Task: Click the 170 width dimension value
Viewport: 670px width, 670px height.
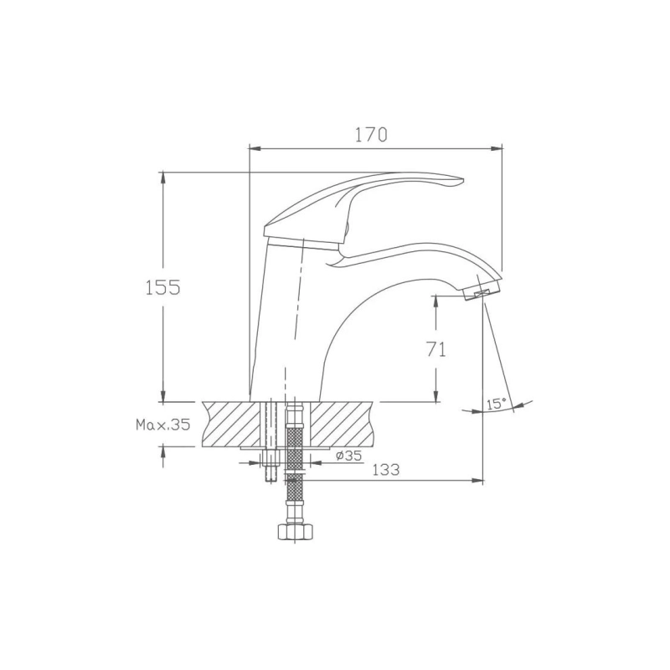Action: coord(371,135)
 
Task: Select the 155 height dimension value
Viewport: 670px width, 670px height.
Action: coord(162,287)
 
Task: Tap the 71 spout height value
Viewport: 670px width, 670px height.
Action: coord(436,349)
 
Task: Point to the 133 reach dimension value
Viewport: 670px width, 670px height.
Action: coord(386,470)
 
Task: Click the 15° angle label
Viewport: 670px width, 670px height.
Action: coord(496,404)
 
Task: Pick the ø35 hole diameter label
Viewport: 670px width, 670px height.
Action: coord(348,456)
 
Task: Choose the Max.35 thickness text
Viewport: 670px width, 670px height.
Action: coord(162,425)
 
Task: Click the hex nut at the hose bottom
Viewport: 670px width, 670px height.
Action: coord(296,532)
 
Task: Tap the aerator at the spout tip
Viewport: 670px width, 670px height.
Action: coord(482,293)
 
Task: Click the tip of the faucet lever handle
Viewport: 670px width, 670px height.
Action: coord(463,180)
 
